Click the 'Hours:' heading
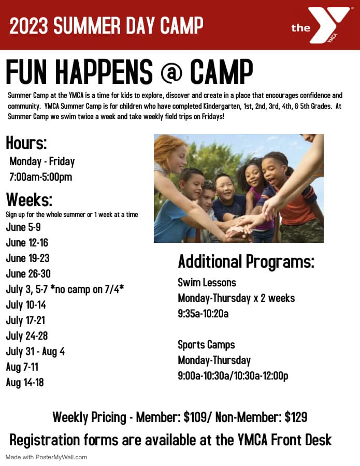click(x=26, y=143)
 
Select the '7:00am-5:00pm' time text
click(x=41, y=177)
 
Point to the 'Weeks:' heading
click(x=29, y=199)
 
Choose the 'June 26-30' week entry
click(x=28, y=273)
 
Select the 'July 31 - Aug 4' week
click(x=35, y=352)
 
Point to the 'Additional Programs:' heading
click(x=246, y=261)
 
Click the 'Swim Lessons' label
click(x=207, y=283)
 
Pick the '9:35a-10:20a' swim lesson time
click(x=203, y=314)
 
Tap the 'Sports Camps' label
click(x=206, y=345)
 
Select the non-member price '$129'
click(x=296, y=417)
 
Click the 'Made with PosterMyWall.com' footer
click(x=46, y=457)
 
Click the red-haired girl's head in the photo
click(x=170, y=153)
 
